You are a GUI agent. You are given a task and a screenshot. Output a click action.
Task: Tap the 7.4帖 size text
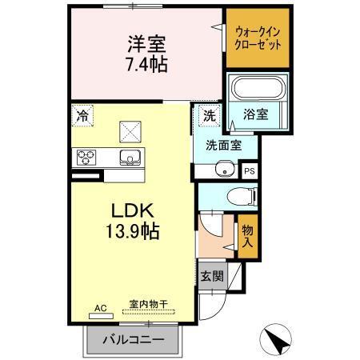click(x=146, y=64)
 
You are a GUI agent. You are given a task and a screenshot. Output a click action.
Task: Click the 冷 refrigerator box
click(x=82, y=114)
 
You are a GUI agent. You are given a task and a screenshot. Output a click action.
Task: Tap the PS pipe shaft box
click(x=249, y=170)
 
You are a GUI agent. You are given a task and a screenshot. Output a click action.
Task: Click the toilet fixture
click(x=241, y=194)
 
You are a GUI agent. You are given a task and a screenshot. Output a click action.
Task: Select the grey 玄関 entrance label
click(x=212, y=277)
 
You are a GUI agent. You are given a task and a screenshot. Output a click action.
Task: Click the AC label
click(x=100, y=307)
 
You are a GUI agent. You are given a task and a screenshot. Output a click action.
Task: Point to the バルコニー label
click(x=134, y=340)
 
